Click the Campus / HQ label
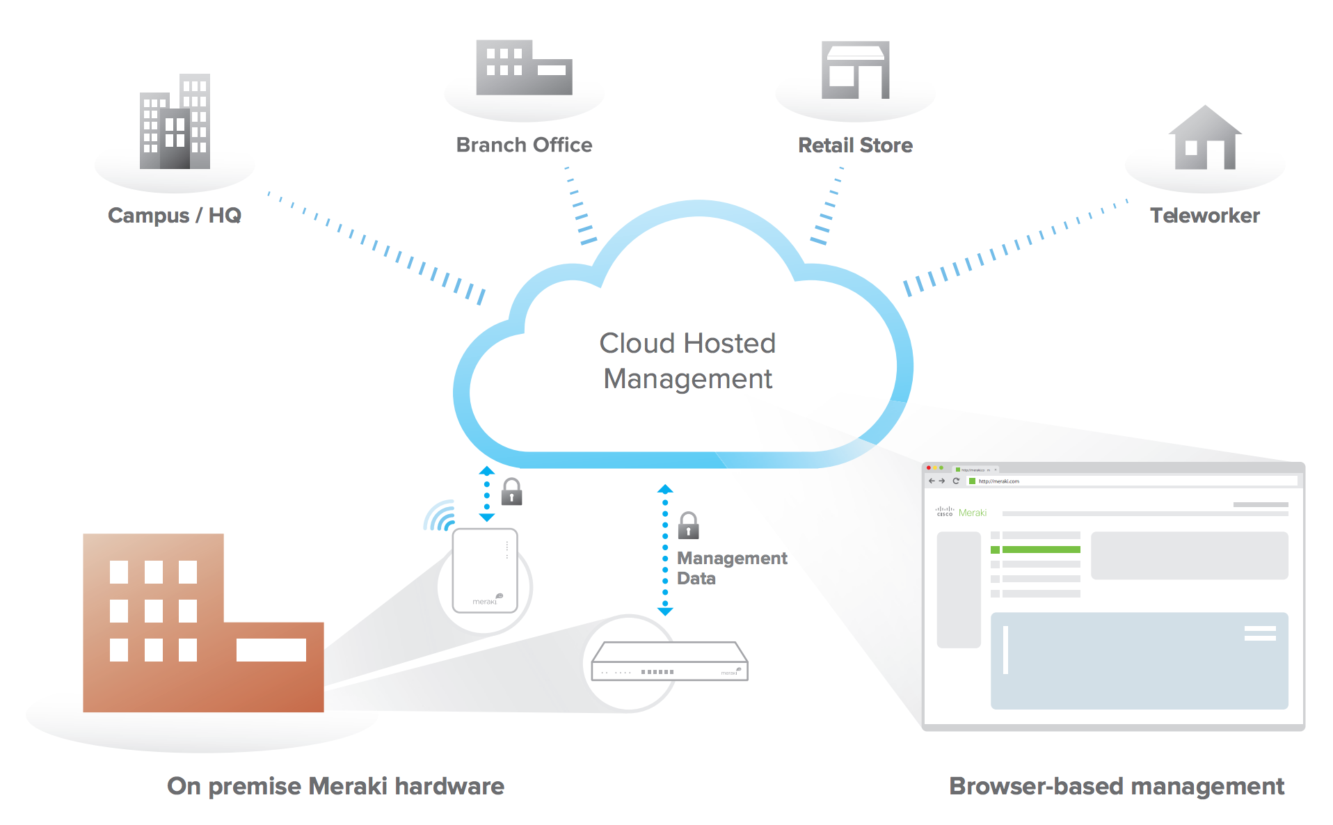click(174, 216)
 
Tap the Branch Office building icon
click(523, 68)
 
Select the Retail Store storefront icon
click(855, 70)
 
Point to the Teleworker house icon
click(1205, 139)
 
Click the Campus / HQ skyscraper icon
click(175, 122)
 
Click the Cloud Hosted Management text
click(687, 361)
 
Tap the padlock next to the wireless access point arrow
click(512, 492)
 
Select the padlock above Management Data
click(688, 525)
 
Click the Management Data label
click(731, 568)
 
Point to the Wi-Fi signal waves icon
click(440, 515)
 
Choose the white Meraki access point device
click(485, 570)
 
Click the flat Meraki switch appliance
click(669, 662)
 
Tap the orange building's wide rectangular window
click(271, 650)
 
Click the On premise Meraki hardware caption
click(335, 786)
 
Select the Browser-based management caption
click(1116, 786)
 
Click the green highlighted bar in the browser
click(1041, 550)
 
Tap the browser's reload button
click(956, 481)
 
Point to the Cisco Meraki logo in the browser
click(961, 513)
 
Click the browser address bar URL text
click(998, 481)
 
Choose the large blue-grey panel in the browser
click(1139, 660)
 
